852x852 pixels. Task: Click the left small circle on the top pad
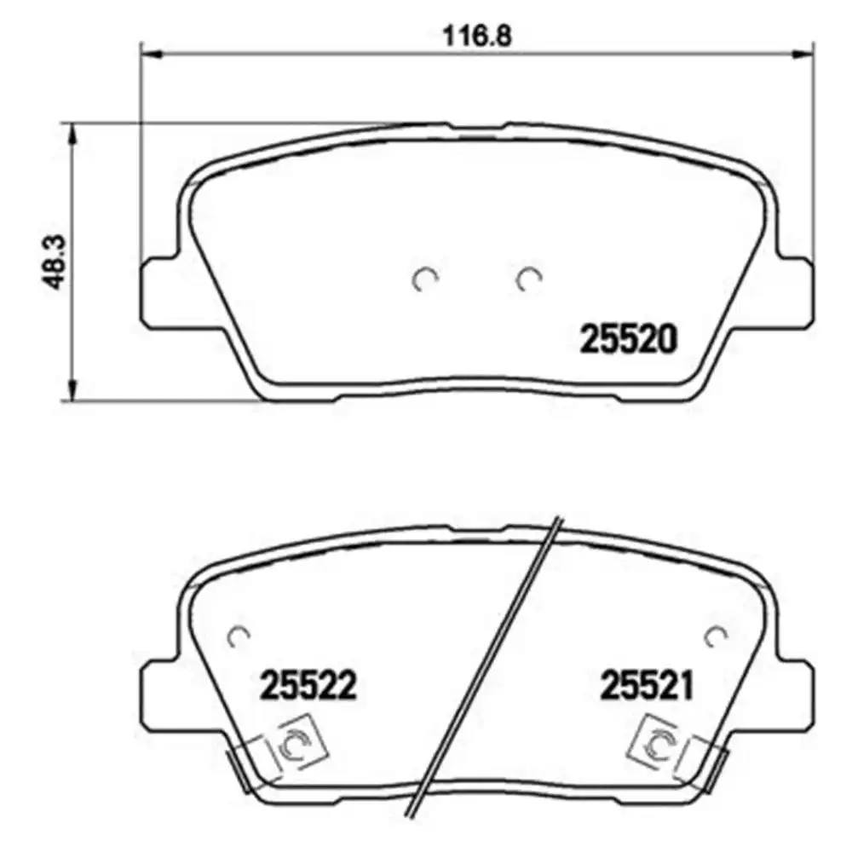424,279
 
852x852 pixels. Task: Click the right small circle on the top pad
530,279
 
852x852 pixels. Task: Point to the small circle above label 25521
714,635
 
